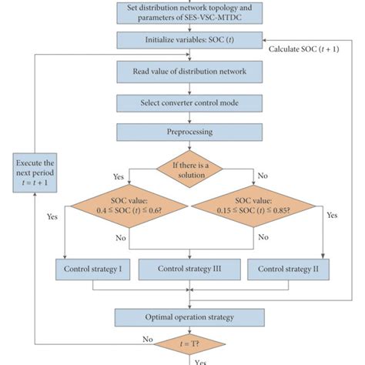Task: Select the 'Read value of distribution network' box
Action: point(189,71)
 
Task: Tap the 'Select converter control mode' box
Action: point(189,102)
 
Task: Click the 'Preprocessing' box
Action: point(189,132)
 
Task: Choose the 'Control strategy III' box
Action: point(189,270)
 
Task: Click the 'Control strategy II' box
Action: point(287,270)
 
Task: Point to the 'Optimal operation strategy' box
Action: point(189,316)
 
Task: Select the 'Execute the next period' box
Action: point(35,175)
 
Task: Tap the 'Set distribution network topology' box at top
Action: point(189,12)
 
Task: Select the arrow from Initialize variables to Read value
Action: point(189,53)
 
